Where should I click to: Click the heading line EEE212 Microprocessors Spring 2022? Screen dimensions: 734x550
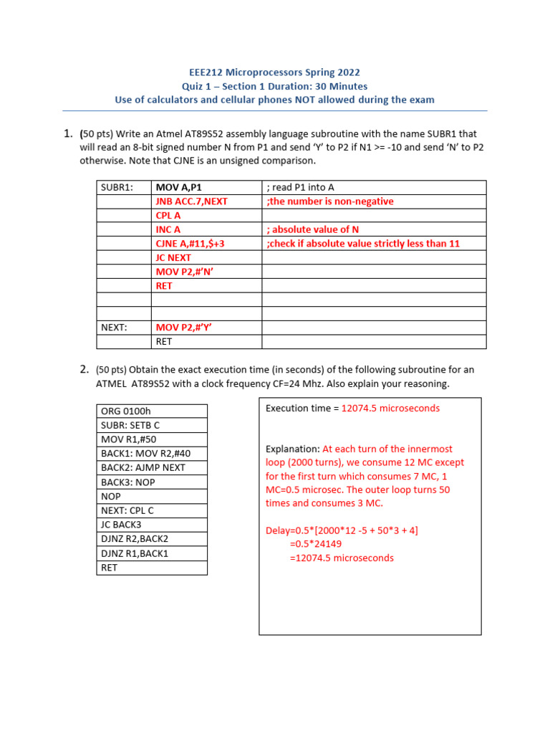tap(274, 72)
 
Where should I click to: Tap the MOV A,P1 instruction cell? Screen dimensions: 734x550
tap(179, 188)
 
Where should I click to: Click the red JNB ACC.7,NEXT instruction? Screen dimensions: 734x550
tap(191, 201)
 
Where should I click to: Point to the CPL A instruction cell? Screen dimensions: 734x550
tap(168, 216)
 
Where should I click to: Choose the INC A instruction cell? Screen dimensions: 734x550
tap(168, 229)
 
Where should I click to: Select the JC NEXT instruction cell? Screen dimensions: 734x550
tap(173, 257)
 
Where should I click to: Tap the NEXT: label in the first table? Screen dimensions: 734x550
tap(114, 328)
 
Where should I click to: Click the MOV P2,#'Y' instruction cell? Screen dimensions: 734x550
tap(184, 328)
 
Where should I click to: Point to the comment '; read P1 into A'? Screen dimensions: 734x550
tap(300, 188)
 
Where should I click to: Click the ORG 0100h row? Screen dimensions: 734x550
tap(126, 411)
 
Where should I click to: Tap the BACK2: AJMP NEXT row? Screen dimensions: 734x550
tap(143, 468)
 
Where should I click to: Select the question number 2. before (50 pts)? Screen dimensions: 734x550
tap(84, 370)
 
